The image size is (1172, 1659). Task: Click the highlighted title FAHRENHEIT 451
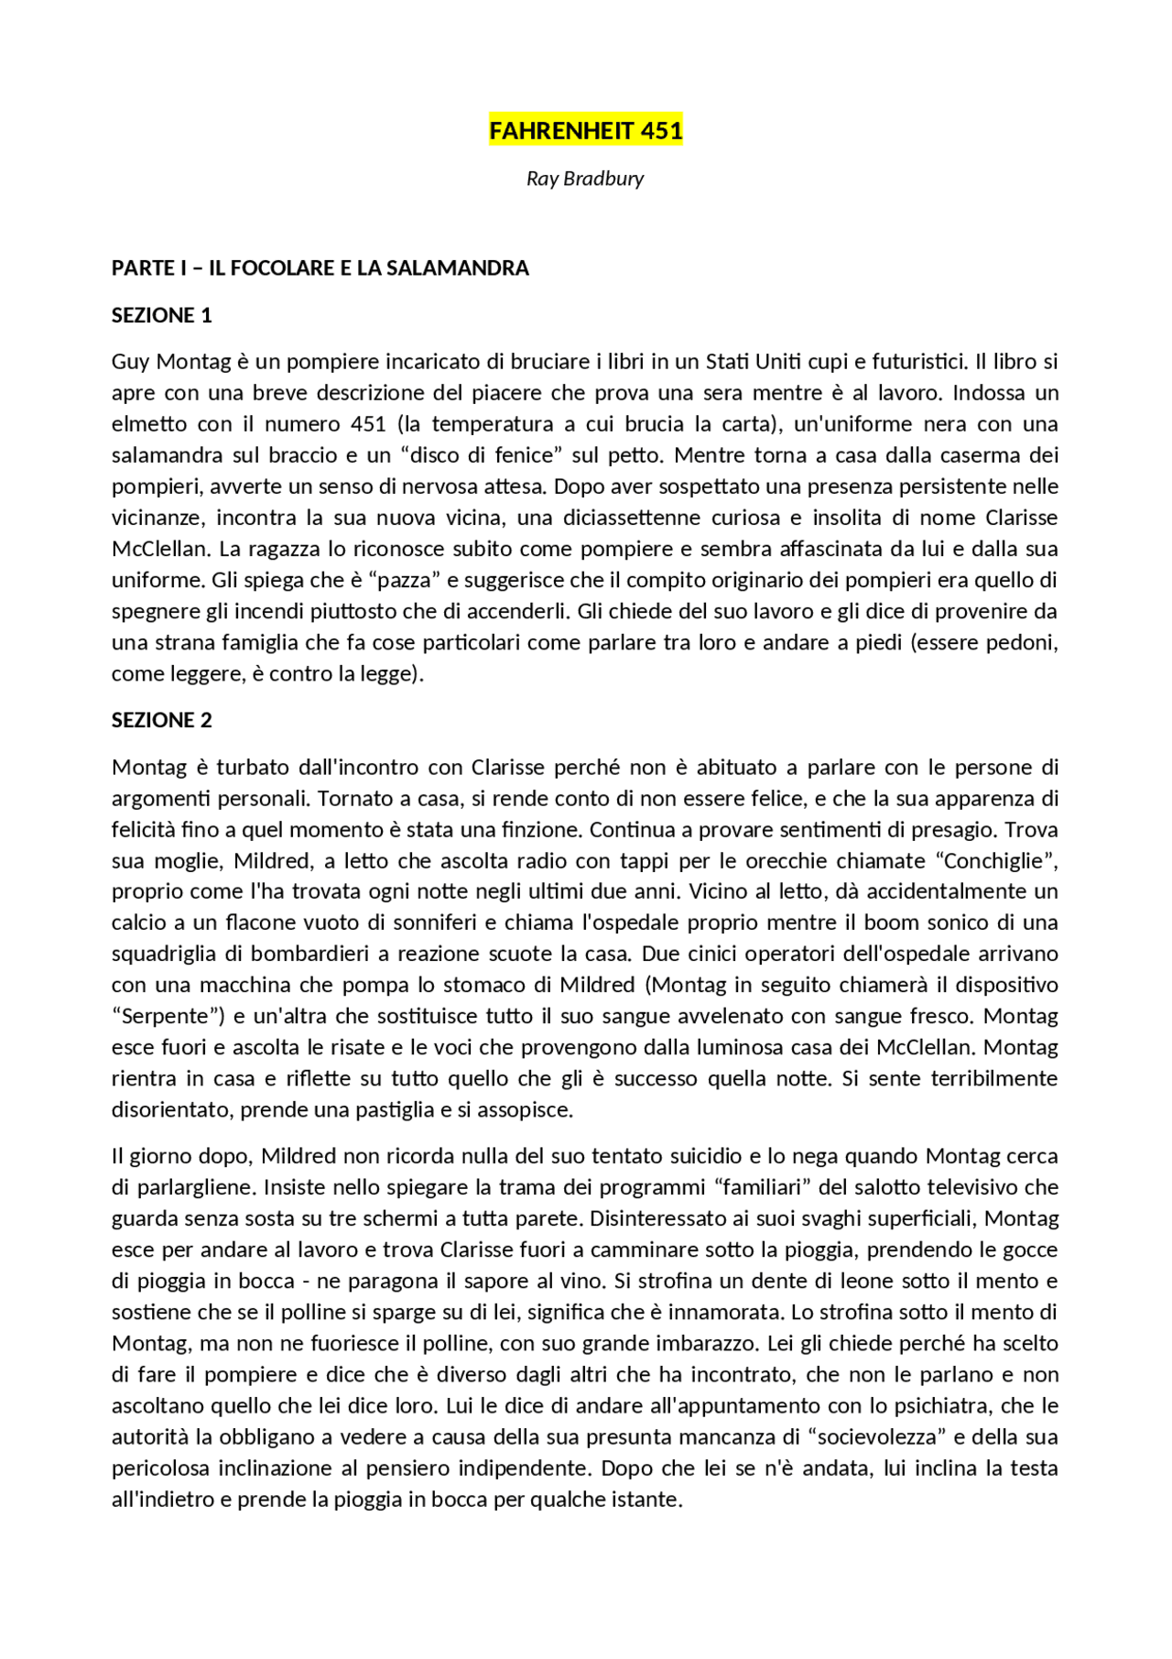click(x=585, y=131)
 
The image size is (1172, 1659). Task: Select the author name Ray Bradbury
click(x=585, y=179)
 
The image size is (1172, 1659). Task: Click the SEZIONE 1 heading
click(x=161, y=316)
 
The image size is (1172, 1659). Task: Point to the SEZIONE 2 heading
click(x=161, y=721)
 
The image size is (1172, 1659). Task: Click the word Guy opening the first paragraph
click(x=130, y=362)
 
